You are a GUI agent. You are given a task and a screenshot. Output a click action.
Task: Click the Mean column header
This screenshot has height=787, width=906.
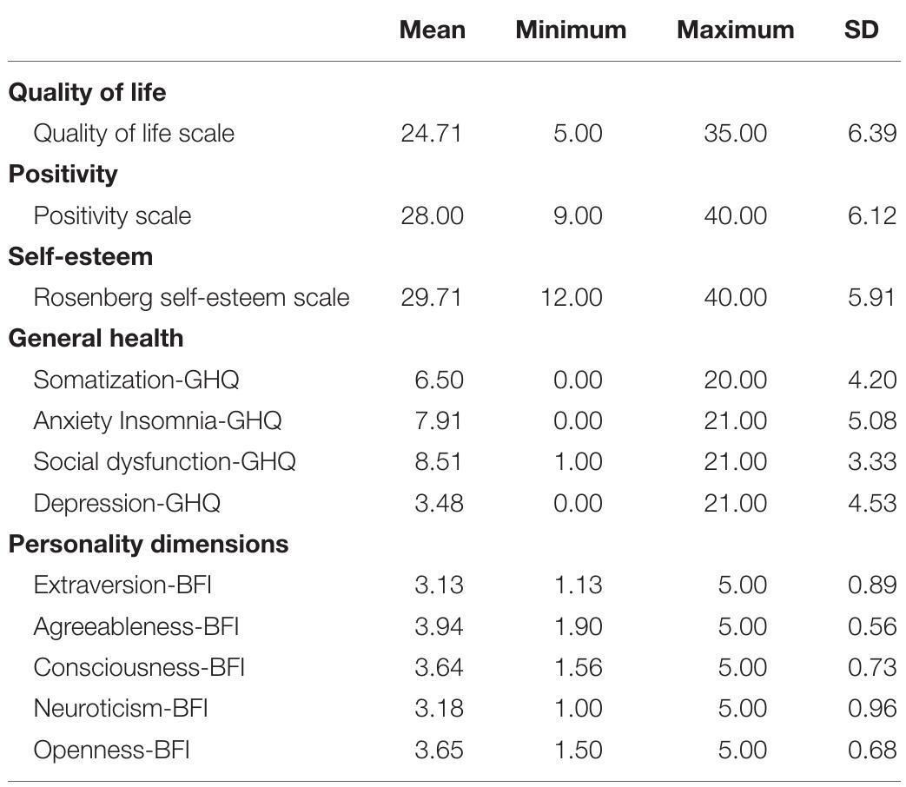pyautogui.click(x=432, y=30)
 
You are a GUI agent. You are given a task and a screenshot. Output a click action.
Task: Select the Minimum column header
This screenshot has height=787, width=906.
pyautogui.click(x=571, y=30)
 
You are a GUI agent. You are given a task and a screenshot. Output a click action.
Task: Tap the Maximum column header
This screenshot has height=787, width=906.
pyautogui.click(x=735, y=30)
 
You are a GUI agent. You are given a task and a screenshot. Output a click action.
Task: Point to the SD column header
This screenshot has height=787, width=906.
pyautogui.click(x=861, y=30)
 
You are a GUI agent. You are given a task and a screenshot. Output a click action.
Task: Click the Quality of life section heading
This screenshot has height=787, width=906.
pyautogui.click(x=87, y=92)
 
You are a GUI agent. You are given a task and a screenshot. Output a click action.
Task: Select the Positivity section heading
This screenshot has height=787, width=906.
pyautogui.click(x=63, y=174)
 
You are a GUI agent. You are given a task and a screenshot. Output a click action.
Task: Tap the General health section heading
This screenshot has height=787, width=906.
pyautogui.click(x=96, y=338)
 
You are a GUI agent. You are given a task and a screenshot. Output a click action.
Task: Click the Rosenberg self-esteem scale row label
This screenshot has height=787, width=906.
pyautogui.click(x=191, y=297)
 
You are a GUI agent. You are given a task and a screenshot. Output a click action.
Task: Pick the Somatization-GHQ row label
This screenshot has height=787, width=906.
pyautogui.click(x=136, y=380)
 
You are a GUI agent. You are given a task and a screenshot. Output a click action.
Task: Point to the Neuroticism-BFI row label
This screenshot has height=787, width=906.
pyautogui.click(x=120, y=708)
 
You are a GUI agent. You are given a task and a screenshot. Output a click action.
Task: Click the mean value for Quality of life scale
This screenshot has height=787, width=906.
pyautogui.click(x=432, y=134)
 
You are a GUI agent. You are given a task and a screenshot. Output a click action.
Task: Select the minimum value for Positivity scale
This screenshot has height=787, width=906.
pyautogui.click(x=578, y=215)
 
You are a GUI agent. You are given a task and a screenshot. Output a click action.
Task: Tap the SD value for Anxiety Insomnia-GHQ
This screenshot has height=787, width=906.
pyautogui.click(x=871, y=420)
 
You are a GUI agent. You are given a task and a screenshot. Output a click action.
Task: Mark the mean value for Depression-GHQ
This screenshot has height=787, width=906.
pyautogui.click(x=439, y=503)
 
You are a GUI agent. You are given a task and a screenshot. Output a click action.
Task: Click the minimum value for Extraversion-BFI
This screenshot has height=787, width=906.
pyautogui.click(x=578, y=585)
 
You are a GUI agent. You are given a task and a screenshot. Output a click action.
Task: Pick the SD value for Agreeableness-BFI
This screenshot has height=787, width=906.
pyautogui.click(x=871, y=626)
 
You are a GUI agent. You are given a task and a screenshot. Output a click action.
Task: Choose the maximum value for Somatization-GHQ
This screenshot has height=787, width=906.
pyautogui.click(x=735, y=380)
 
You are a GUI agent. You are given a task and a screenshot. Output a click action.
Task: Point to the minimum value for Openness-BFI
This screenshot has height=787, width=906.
pyautogui.click(x=578, y=750)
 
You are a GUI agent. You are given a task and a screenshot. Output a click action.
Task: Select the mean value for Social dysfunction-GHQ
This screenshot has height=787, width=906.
pyautogui.click(x=439, y=461)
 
